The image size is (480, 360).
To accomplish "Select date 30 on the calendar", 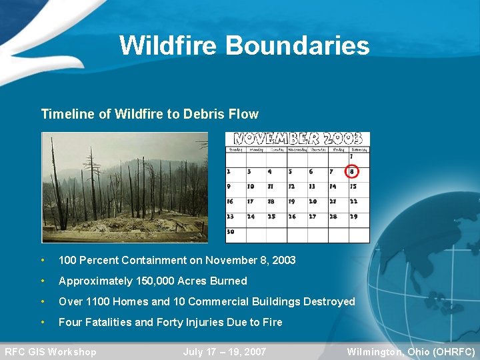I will (x=231, y=231).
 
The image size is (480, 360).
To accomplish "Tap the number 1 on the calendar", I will (x=351, y=157).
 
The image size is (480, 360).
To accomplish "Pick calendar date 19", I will (x=291, y=201).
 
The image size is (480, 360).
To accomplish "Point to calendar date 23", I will (x=231, y=216).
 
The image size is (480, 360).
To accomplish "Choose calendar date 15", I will (x=353, y=187).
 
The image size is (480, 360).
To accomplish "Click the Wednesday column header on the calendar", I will (x=297, y=149).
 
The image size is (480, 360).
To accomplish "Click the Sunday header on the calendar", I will (x=235, y=149).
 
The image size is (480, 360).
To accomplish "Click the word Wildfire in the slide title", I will (x=169, y=45).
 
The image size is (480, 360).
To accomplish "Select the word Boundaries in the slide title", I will (x=297, y=45).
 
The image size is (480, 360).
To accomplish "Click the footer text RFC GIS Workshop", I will (x=51, y=352).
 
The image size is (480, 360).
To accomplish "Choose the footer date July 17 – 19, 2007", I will (x=225, y=352).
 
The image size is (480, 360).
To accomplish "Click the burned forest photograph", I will (x=125, y=187).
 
